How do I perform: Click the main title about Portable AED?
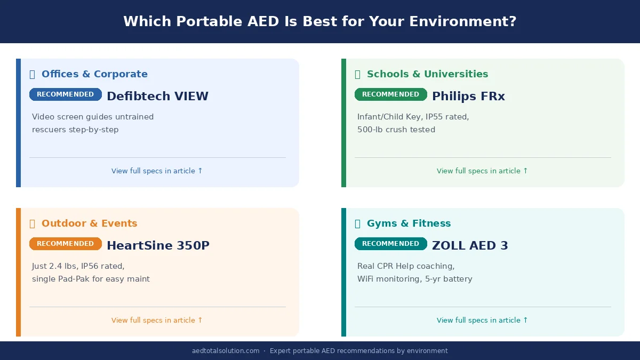(x=320, y=21)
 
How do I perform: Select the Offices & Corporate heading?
(x=94, y=74)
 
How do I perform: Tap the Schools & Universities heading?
(x=427, y=74)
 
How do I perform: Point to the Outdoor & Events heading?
(x=89, y=223)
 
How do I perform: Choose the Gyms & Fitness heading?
(x=409, y=223)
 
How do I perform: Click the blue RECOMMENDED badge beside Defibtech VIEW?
(x=65, y=94)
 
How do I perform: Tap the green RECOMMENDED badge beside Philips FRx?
(x=390, y=94)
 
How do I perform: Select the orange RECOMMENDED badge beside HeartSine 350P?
(x=65, y=244)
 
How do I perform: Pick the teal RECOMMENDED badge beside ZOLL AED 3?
(x=390, y=244)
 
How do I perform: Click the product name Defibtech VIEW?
(x=157, y=97)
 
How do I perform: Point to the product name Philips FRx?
(x=468, y=97)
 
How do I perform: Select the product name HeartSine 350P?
(x=158, y=246)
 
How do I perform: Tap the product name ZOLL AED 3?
(x=470, y=246)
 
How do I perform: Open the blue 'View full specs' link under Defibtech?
(x=157, y=171)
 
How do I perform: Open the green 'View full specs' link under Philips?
(x=482, y=171)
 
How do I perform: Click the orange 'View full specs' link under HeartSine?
(x=157, y=321)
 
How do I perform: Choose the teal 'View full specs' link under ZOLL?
(x=482, y=321)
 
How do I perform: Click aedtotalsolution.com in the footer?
(x=226, y=351)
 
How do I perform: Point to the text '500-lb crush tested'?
(x=396, y=130)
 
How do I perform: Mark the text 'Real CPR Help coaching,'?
(x=406, y=266)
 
